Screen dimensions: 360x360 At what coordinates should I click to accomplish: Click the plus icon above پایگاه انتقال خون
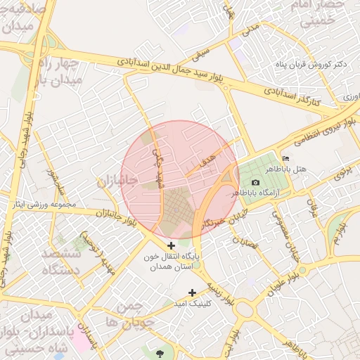(172, 245)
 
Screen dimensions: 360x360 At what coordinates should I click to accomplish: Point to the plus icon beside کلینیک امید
(192, 292)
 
